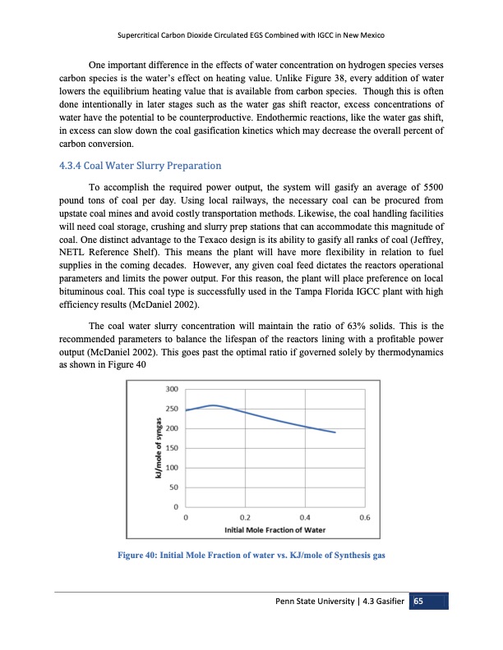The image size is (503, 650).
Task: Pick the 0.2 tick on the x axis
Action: coord(246,518)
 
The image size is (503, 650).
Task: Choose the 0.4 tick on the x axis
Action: coord(306,518)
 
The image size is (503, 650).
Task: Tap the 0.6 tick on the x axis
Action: coord(366,518)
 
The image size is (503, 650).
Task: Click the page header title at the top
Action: coord(251,37)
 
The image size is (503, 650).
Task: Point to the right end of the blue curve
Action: coord(335,433)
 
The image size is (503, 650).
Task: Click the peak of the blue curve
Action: coord(215,405)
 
